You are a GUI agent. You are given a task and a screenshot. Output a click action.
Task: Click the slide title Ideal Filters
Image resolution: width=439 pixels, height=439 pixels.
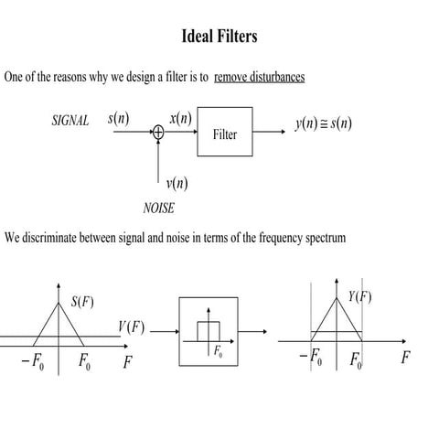tap(219, 37)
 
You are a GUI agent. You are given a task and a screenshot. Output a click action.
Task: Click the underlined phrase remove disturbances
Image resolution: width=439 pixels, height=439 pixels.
tap(259, 77)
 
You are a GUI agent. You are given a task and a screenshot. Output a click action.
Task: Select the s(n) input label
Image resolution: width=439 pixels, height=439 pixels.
tap(118, 119)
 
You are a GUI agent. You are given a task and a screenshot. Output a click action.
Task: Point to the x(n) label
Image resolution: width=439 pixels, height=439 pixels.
tap(180, 119)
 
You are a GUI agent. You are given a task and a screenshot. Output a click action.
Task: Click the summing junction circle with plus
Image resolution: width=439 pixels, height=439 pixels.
tap(158, 134)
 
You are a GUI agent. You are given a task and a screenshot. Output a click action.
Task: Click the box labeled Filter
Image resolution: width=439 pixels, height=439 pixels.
tap(225, 134)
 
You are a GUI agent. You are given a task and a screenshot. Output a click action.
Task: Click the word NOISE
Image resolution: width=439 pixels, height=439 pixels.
tap(159, 208)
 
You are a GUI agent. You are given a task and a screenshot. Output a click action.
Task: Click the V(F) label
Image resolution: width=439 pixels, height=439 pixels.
tap(131, 327)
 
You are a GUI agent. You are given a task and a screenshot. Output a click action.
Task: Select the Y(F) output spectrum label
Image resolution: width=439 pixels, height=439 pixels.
tap(359, 296)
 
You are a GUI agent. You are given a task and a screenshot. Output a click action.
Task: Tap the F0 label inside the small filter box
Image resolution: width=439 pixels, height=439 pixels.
tap(218, 351)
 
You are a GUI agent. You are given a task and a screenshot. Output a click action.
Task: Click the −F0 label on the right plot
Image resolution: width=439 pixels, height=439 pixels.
tap(311, 357)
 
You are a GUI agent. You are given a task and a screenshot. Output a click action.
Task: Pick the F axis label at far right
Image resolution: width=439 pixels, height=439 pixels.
tap(404, 357)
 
